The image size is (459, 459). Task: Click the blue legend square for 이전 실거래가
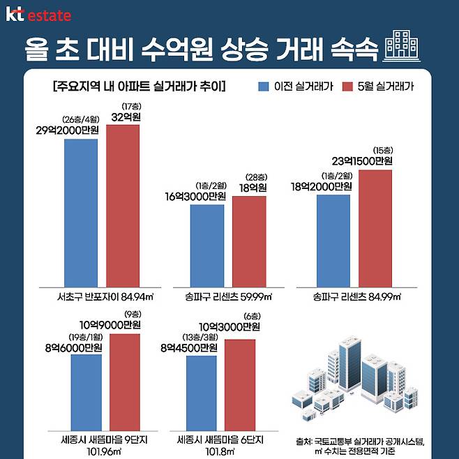pyautogui.click(x=264, y=87)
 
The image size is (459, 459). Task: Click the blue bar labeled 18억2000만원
pyautogui.click(x=333, y=239)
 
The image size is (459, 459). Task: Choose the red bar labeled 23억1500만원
pyautogui.click(x=375, y=227)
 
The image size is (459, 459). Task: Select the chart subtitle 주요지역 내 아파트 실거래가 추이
pyautogui.click(x=139, y=87)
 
